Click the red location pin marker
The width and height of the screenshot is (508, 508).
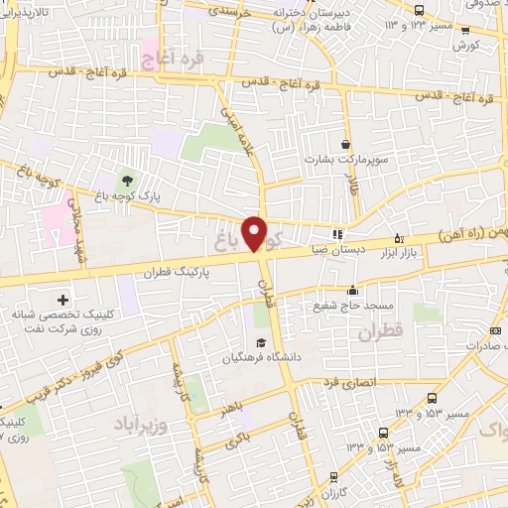coord(256,233)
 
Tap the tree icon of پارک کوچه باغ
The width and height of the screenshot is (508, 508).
coord(126,181)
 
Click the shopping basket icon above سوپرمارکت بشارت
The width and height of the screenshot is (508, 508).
coord(345,144)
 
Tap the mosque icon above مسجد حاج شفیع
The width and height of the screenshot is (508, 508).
coord(352,291)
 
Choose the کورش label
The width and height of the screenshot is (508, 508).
coord(466,46)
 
